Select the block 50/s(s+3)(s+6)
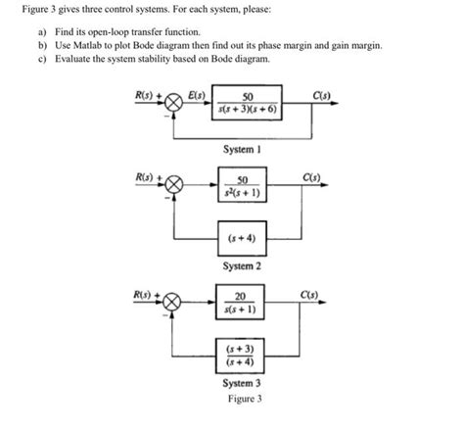(247, 103)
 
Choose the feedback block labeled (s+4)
(242, 237)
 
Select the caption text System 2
(242, 265)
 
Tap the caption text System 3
(242, 383)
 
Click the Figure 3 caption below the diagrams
(242, 399)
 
